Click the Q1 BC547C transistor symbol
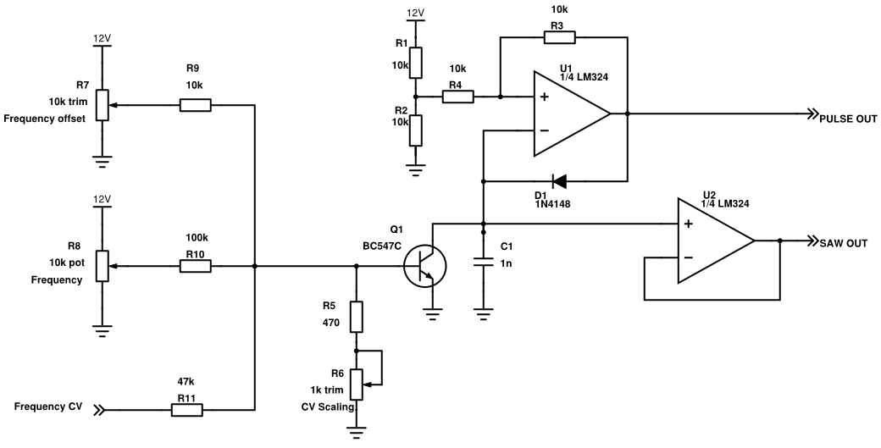pyautogui.click(x=423, y=266)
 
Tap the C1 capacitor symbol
pyautogui.click(x=483, y=263)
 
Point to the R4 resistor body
pyautogui.click(x=457, y=97)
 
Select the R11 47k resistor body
pyautogui.click(x=187, y=411)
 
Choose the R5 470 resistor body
pyautogui.click(x=357, y=317)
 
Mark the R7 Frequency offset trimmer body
pyautogui.click(x=103, y=106)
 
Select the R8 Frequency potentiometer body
pyautogui.click(x=103, y=266)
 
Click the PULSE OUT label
pyautogui.click(x=847, y=119)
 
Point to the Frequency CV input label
pyautogui.click(x=48, y=407)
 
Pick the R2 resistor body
pyautogui.click(x=415, y=130)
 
